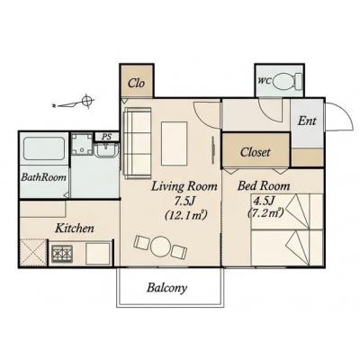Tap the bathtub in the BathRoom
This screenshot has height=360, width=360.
(x=44, y=148)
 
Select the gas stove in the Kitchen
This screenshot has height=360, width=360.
(x=62, y=254)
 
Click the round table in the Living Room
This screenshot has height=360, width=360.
(x=160, y=247)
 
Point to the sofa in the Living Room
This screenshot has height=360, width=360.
(x=137, y=143)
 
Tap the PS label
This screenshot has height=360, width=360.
(x=106, y=137)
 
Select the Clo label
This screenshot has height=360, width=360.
(x=136, y=83)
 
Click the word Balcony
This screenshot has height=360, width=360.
(x=166, y=288)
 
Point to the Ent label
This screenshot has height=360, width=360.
(x=307, y=121)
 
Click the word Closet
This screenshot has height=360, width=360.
(x=255, y=152)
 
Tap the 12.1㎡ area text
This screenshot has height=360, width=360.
(x=186, y=215)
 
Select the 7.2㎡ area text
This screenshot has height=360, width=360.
(x=265, y=213)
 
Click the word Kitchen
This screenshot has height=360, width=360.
(x=75, y=229)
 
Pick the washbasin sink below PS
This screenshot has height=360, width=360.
(x=106, y=150)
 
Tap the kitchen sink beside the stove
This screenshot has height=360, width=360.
(x=98, y=254)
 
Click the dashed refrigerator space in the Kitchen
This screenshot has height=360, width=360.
(x=33, y=252)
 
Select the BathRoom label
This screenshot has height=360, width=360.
(x=43, y=177)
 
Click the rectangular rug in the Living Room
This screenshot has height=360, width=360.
(x=174, y=143)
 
